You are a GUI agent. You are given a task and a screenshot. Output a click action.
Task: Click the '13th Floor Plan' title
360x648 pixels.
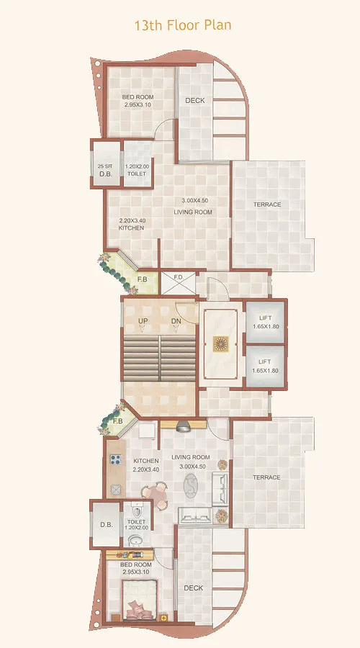pos(182,25)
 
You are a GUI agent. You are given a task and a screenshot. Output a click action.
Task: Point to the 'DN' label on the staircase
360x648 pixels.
pos(176,321)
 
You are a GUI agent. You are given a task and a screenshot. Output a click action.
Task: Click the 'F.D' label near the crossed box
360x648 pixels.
pos(178,277)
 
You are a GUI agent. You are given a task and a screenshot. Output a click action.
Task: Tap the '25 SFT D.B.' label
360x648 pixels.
pos(105,170)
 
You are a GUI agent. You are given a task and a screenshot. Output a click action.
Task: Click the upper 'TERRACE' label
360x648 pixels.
pos(266,205)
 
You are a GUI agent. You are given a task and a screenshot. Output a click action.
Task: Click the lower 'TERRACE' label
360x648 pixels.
pos(266,477)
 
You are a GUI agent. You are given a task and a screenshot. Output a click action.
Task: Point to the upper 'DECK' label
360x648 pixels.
pos(194,101)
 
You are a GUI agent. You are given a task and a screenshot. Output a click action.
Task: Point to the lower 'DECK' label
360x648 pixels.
pos(193,588)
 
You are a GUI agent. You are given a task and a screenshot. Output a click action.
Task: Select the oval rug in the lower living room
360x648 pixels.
pos(191,488)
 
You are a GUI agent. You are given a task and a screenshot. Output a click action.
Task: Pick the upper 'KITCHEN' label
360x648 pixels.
pos(131,228)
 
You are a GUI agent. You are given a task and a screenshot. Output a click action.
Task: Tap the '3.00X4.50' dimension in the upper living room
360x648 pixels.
pos(194,200)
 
